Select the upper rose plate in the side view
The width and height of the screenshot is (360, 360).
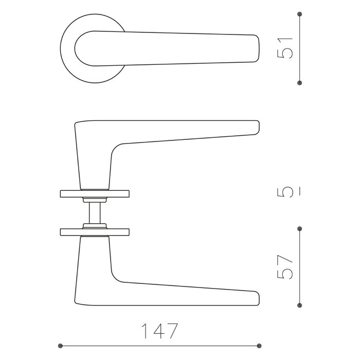coord(95,193)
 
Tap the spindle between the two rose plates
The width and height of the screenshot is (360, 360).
coord(95,212)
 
